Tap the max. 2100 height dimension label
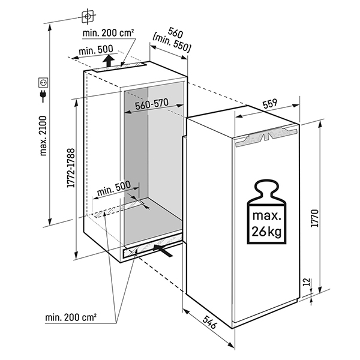(x=43, y=136)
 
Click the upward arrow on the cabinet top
(x=107, y=59)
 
